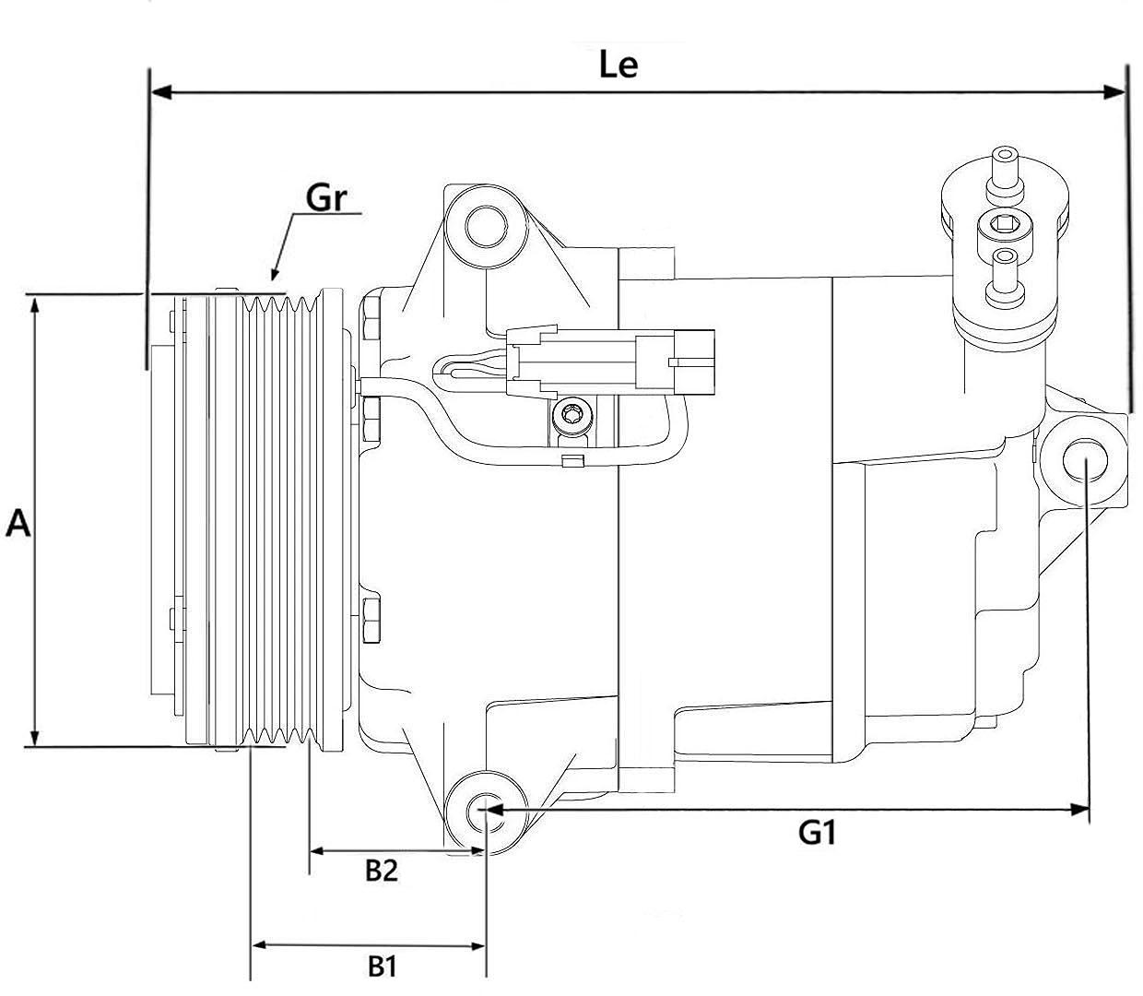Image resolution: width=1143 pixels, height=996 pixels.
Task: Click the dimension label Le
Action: [x=618, y=65]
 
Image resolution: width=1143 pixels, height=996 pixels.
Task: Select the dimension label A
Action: [x=18, y=524]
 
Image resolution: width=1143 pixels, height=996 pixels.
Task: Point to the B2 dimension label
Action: [x=382, y=870]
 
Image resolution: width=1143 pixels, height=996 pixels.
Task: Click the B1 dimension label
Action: [x=382, y=966]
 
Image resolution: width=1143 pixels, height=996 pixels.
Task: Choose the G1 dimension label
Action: [x=817, y=834]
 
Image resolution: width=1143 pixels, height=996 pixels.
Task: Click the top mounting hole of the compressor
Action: [x=485, y=224]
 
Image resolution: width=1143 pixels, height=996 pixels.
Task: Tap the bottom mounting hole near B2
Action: [x=485, y=812]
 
